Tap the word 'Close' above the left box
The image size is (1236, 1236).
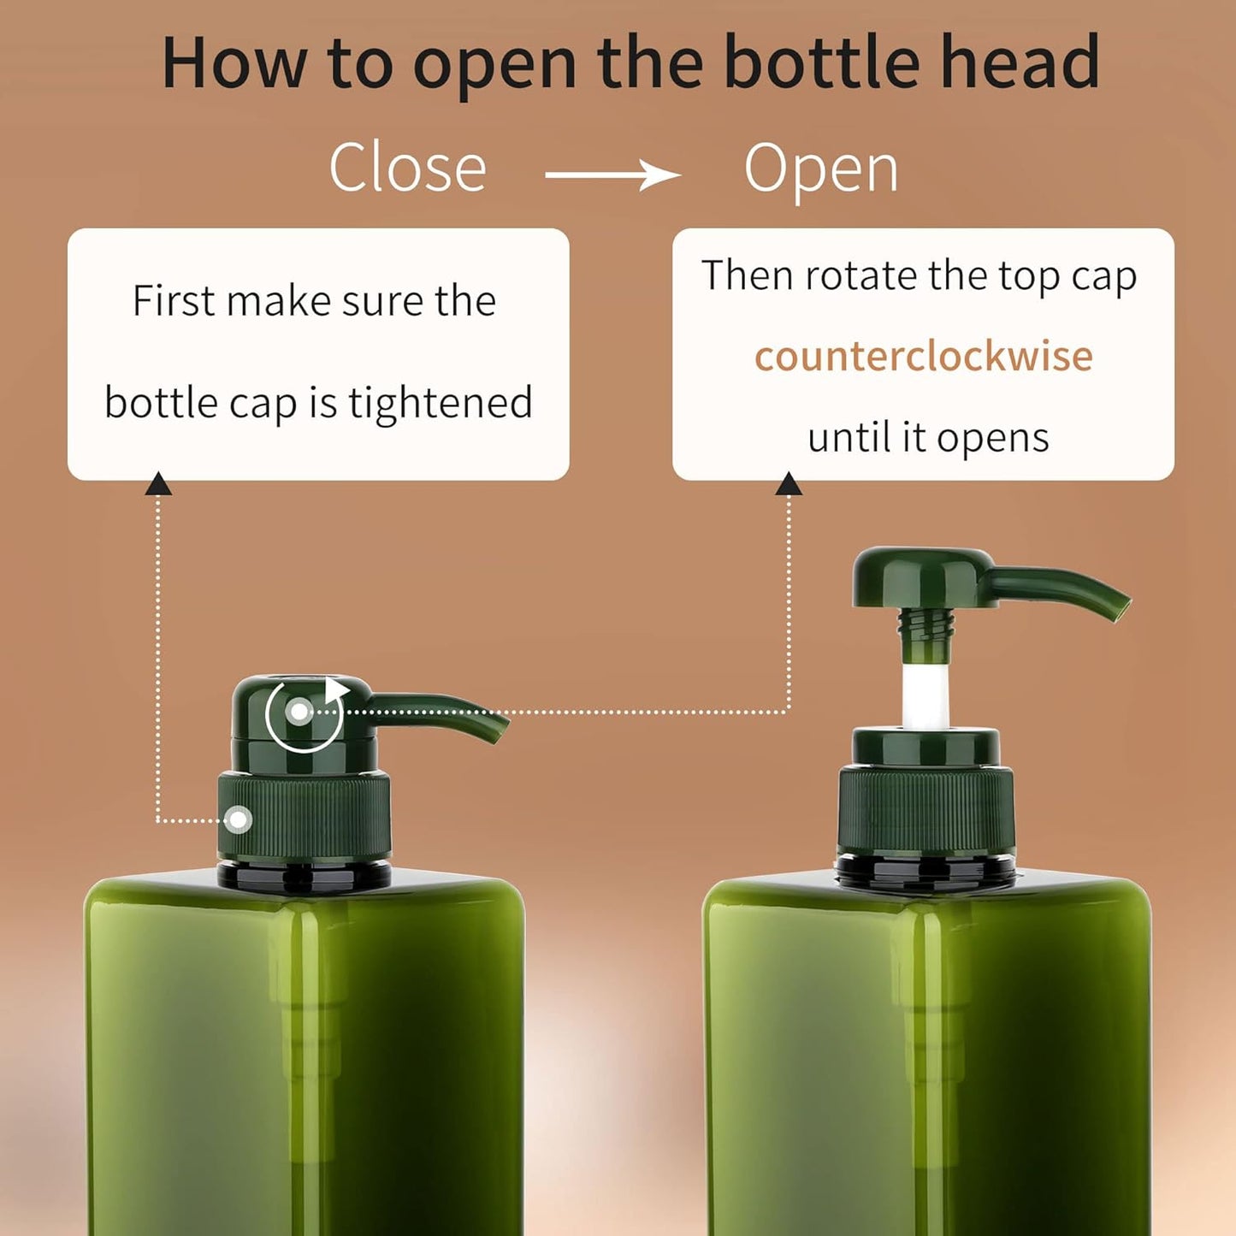click(407, 168)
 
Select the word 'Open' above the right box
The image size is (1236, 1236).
click(821, 169)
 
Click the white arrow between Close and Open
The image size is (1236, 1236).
click(612, 175)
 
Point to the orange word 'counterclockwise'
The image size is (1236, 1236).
click(923, 356)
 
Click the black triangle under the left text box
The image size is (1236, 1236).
click(158, 484)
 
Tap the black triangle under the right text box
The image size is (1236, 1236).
click(788, 484)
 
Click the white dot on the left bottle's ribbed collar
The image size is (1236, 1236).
click(239, 819)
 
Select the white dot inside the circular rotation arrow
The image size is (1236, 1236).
click(299, 711)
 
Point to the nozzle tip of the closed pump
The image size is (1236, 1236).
click(497, 730)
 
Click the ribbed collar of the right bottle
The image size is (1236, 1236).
click(926, 808)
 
